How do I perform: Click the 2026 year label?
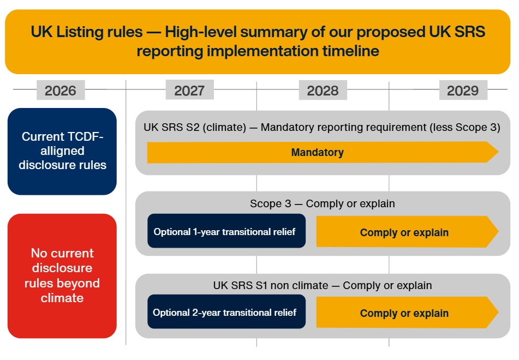tap(61, 90)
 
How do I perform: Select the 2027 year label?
tap(189, 90)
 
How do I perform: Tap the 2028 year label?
tap(323, 90)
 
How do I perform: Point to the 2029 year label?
tap(462, 90)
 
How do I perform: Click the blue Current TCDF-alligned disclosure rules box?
tap(62, 151)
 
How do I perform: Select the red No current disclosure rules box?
tap(62, 275)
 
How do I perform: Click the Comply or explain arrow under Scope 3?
tap(404, 232)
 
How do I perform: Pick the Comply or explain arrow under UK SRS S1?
tap(404, 313)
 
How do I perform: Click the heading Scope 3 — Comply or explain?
tap(323, 204)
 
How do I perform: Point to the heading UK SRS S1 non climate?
tap(323, 285)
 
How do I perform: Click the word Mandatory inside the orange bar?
tap(318, 152)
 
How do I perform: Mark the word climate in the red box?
tap(62, 298)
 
